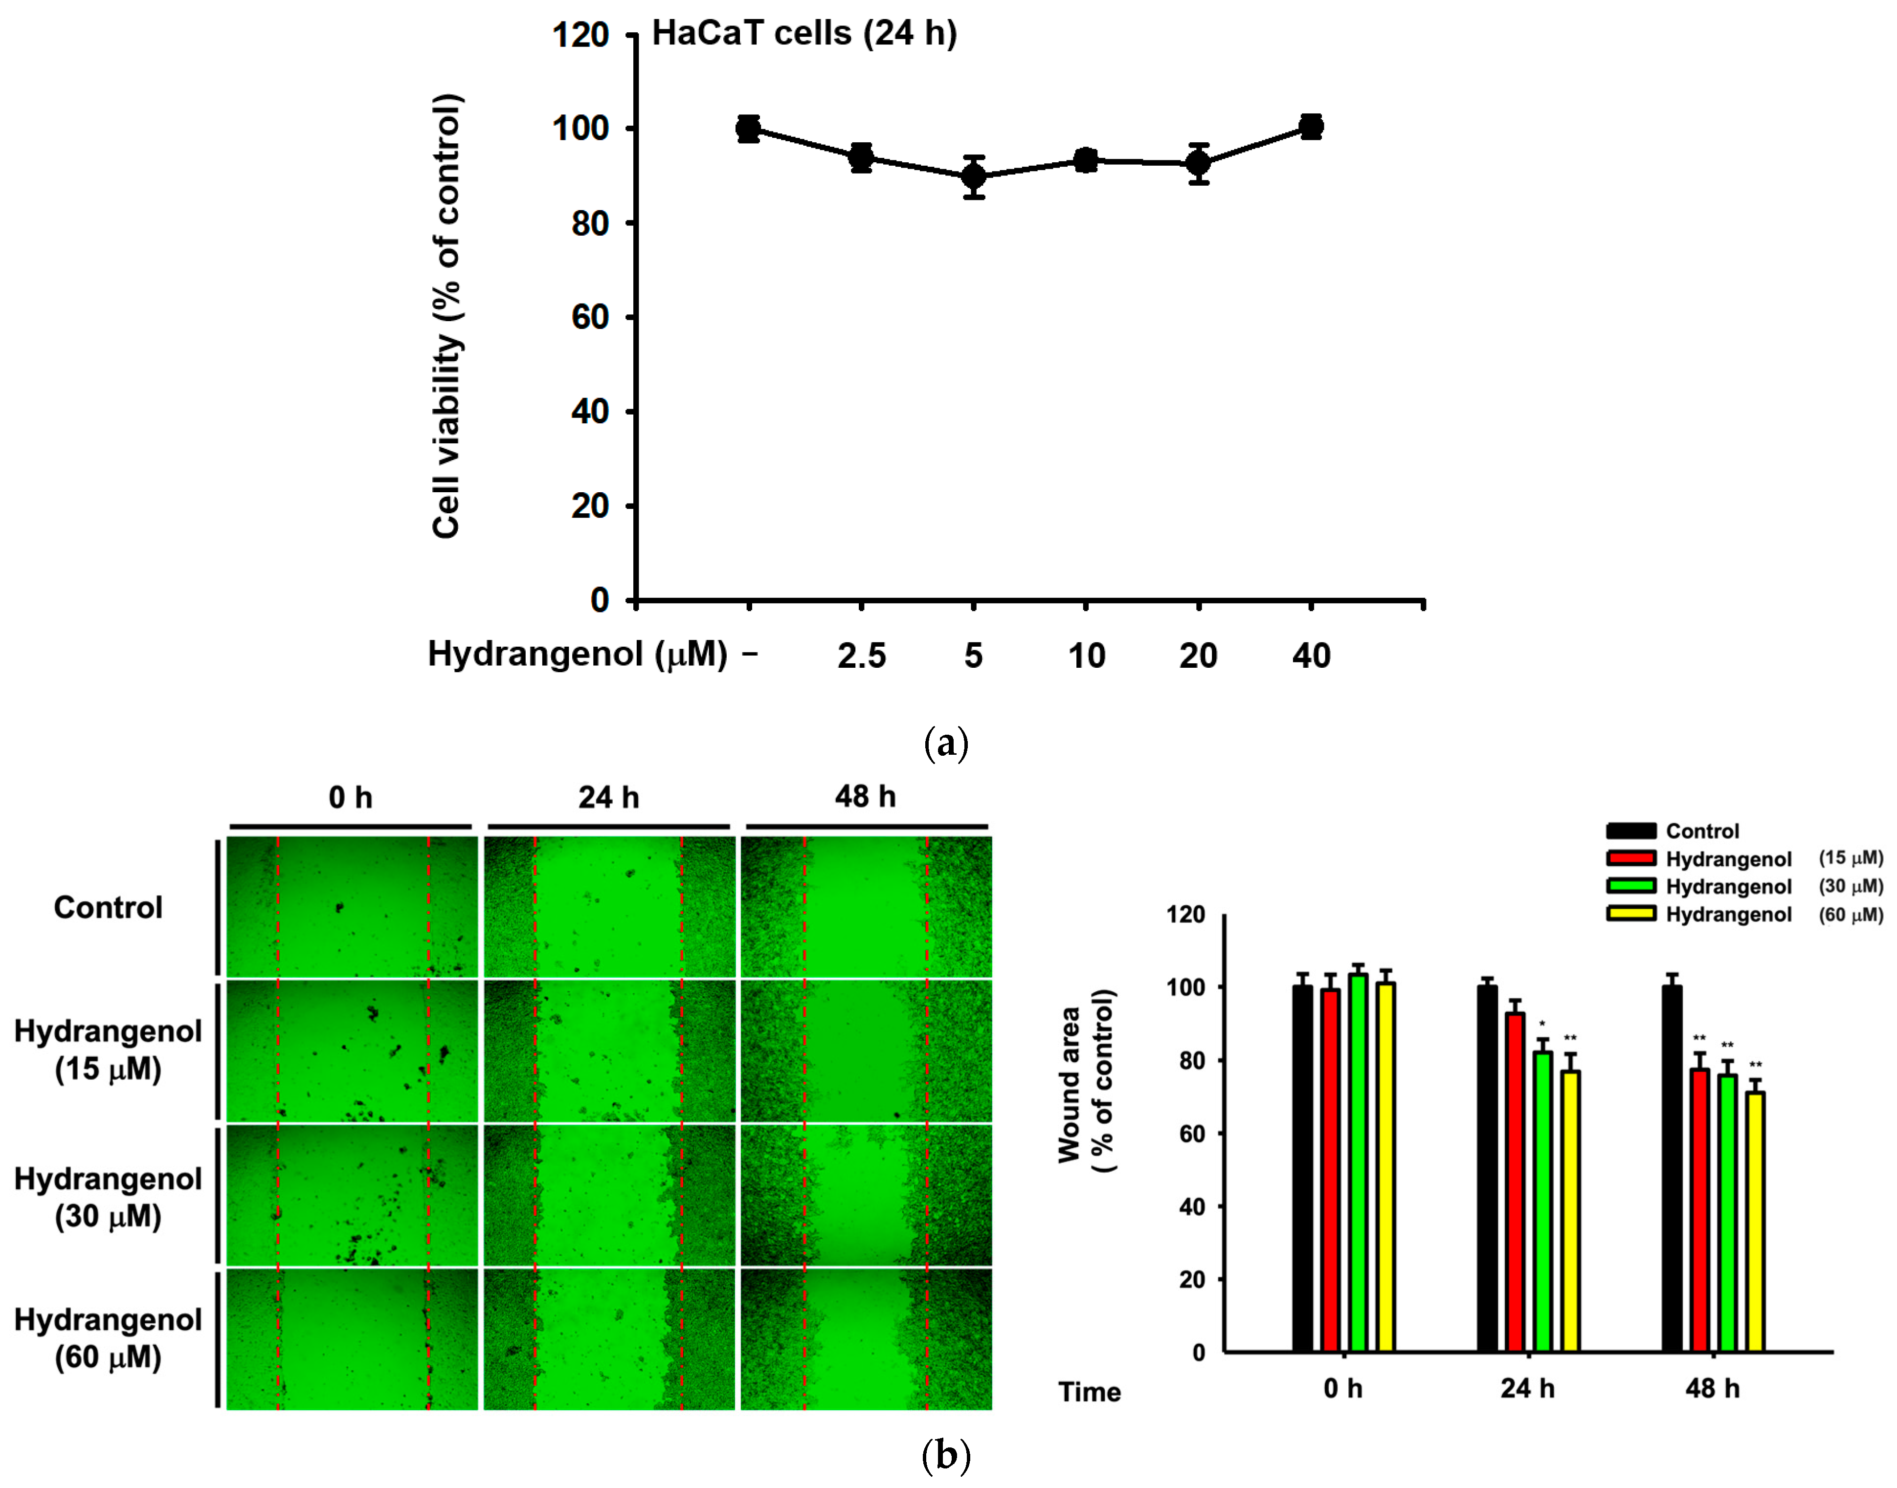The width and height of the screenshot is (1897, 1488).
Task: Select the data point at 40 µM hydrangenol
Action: coord(1311,126)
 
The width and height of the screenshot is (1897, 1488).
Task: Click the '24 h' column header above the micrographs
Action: coord(608,797)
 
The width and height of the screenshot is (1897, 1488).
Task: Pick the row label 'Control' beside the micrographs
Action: coord(108,908)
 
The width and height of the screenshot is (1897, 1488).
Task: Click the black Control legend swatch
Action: coord(1630,831)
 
